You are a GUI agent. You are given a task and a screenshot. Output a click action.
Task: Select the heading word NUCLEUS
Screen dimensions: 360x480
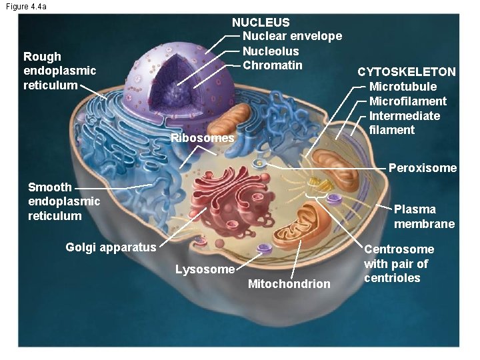click(261, 23)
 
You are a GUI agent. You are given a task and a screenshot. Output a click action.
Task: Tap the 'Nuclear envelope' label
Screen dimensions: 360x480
click(292, 36)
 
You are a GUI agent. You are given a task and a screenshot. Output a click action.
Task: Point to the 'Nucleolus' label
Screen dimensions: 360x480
click(271, 51)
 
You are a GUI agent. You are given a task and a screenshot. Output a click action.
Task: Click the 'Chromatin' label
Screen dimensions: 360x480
click(273, 65)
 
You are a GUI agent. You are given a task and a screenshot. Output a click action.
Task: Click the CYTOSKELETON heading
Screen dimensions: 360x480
click(407, 72)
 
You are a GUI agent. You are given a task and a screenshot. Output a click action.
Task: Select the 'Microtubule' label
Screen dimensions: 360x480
click(403, 87)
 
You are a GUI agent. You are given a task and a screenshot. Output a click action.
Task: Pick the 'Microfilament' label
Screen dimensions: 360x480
click(408, 101)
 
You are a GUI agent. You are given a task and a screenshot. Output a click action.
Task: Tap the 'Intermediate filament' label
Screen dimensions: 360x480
click(404, 123)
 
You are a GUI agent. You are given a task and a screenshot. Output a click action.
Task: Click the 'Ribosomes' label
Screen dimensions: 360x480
click(202, 139)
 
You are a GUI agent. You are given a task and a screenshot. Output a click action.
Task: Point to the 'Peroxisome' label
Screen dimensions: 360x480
click(423, 168)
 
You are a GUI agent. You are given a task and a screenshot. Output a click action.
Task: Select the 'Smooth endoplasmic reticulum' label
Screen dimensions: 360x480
click(64, 201)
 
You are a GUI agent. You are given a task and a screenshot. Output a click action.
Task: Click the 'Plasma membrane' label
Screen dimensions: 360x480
click(424, 217)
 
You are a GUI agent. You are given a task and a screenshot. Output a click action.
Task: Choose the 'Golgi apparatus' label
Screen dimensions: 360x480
click(111, 247)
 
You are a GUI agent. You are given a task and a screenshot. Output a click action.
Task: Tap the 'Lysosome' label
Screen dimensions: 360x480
click(204, 270)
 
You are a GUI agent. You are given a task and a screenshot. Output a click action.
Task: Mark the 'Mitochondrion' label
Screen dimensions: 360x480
click(289, 284)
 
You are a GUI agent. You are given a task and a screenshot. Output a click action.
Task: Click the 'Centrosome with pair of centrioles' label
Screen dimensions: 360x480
click(399, 263)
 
